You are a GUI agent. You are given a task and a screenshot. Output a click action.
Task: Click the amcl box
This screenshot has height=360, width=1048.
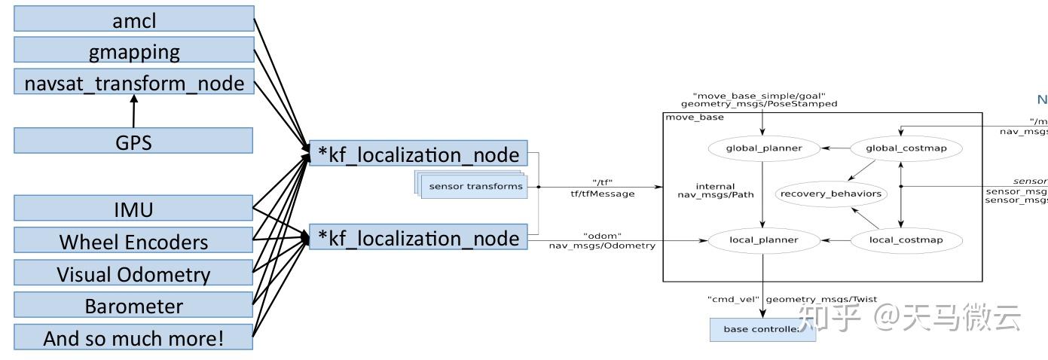click(x=134, y=20)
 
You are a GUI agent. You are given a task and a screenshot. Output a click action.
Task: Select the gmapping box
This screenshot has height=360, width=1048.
click(x=134, y=51)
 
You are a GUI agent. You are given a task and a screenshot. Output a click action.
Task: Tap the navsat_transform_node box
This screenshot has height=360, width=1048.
click(x=134, y=82)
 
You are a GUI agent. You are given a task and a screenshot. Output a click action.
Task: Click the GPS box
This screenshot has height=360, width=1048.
click(x=134, y=141)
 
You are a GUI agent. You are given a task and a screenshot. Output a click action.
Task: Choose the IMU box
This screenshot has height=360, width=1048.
click(x=134, y=209)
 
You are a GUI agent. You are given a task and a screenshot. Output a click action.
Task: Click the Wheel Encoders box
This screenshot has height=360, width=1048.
click(x=134, y=241)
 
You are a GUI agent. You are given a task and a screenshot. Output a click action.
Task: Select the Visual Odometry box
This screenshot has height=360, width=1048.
click(x=134, y=273)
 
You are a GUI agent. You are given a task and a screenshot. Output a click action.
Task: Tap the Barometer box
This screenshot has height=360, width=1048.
click(x=134, y=306)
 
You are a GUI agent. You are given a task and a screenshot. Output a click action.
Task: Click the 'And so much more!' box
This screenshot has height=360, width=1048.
click(x=134, y=337)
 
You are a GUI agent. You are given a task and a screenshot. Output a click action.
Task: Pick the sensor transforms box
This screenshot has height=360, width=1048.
click(x=475, y=187)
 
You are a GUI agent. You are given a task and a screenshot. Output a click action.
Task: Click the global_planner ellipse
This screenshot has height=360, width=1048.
click(x=763, y=148)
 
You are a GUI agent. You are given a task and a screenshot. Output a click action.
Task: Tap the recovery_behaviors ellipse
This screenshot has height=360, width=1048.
click(x=830, y=194)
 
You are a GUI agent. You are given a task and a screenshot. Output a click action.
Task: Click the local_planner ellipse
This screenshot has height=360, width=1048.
click(x=763, y=240)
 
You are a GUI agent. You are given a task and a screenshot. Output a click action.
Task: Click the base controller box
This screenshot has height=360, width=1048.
click(x=762, y=329)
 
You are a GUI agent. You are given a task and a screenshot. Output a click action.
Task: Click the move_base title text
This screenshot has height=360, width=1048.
click(x=694, y=117)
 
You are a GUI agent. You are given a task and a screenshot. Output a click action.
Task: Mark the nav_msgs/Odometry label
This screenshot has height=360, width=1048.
click(x=601, y=246)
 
